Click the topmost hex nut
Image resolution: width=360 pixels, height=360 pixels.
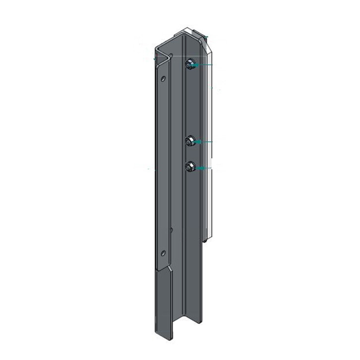[189, 64]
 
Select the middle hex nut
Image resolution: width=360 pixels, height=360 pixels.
[189, 142]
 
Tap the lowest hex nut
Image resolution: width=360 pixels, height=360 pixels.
[189, 167]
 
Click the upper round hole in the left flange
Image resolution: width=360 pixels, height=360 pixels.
[163, 78]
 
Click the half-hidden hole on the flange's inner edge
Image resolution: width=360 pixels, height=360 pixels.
[171, 230]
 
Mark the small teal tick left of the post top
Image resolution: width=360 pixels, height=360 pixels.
[155, 59]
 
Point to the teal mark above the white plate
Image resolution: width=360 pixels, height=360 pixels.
[207, 36]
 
